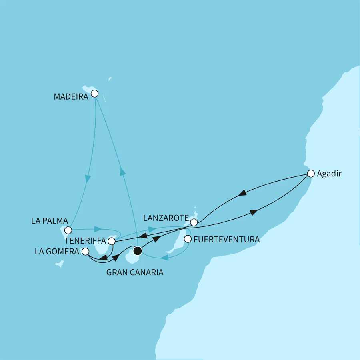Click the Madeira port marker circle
(x=94, y=94)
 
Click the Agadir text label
(x=329, y=174)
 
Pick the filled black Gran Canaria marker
(x=138, y=251)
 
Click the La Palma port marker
(x=68, y=230)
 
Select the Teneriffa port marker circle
(x=112, y=242)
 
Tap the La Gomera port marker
(x=85, y=252)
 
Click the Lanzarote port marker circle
(x=194, y=222)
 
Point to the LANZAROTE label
(x=166, y=218)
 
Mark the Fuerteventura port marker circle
(x=187, y=239)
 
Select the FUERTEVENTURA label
(x=226, y=240)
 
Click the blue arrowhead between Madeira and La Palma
(x=88, y=178)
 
